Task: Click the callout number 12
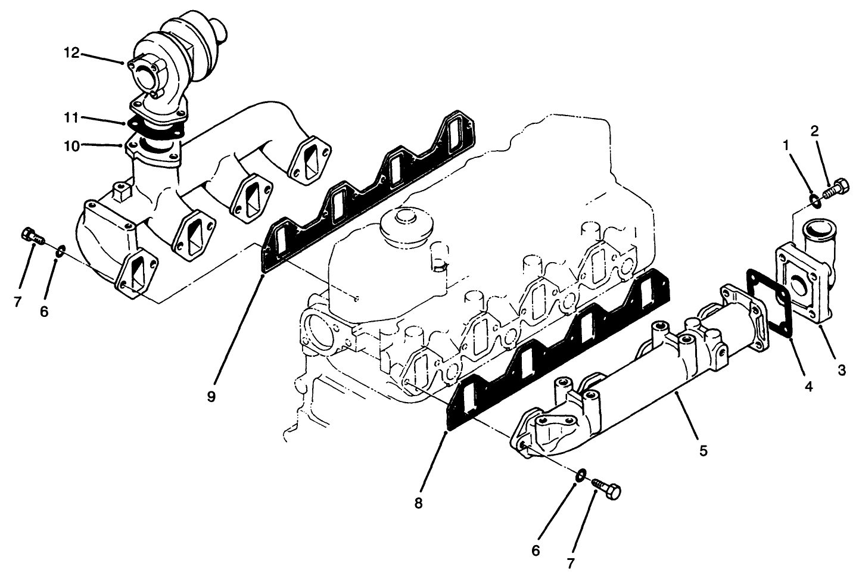[x=71, y=53]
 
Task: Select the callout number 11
[x=71, y=118]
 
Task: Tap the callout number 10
[x=71, y=145]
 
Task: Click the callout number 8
[x=418, y=503]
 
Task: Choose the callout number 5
[x=704, y=451]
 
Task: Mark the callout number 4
[x=808, y=387]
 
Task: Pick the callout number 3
[x=842, y=371]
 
